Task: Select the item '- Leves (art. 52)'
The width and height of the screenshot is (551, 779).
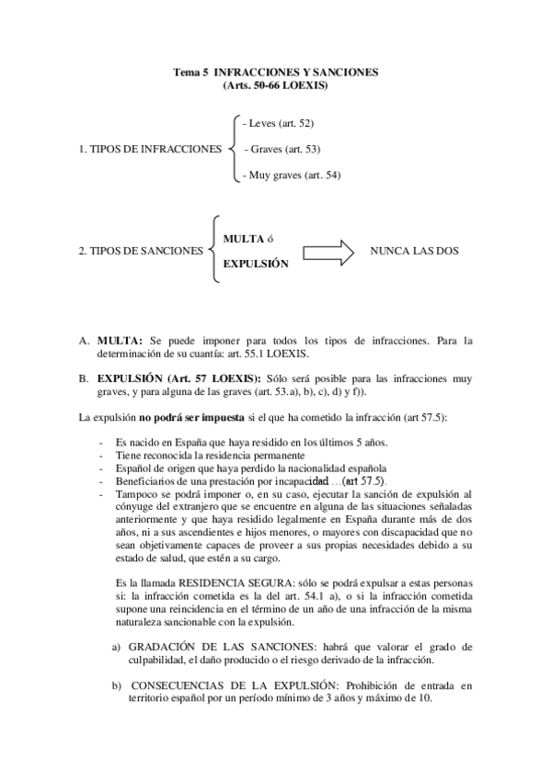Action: coord(279,122)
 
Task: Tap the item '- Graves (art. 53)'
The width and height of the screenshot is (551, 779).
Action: coord(284,148)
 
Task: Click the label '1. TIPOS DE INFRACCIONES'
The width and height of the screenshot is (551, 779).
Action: coord(151,148)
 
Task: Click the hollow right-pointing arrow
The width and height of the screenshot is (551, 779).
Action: coord(328,251)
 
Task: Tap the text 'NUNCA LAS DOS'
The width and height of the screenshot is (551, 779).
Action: coord(415,251)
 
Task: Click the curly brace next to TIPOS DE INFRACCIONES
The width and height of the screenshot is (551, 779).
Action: coord(232,148)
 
